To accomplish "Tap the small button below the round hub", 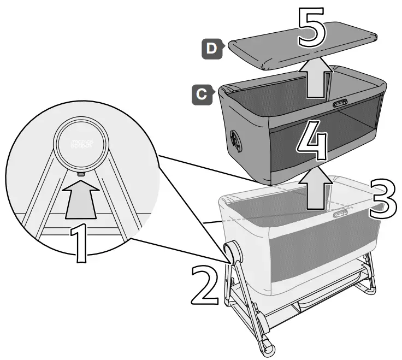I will tap(81, 173).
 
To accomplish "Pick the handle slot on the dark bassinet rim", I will tap(339, 103).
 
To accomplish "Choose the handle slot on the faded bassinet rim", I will tap(341, 215).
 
